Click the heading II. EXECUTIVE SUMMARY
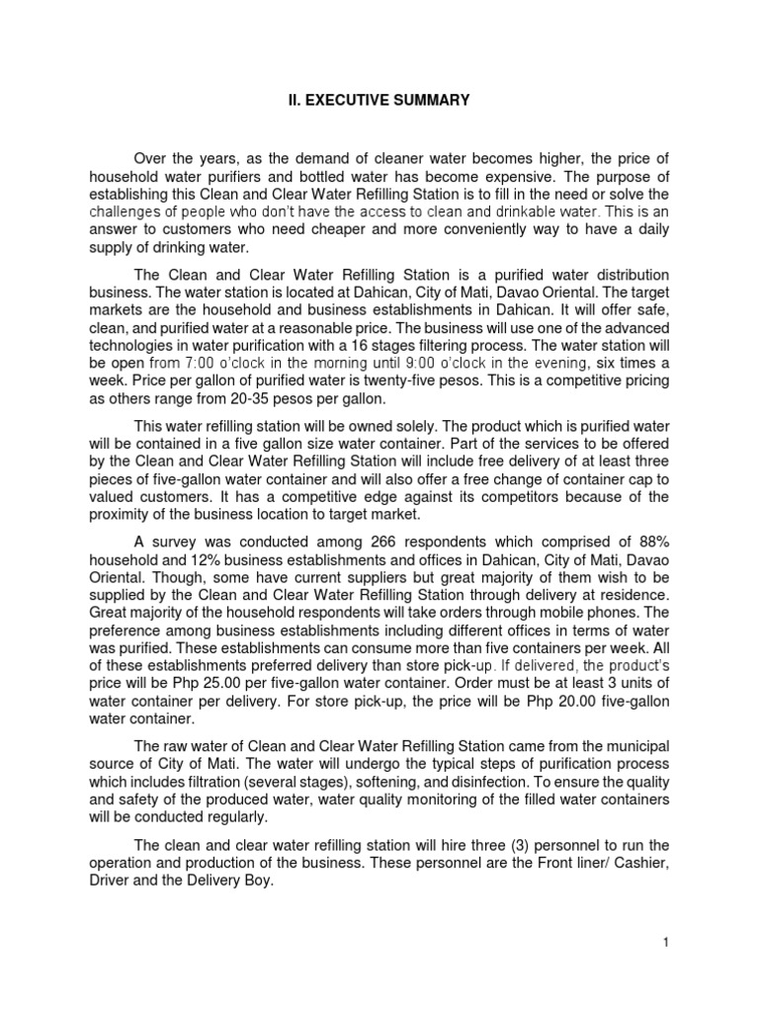point(380,100)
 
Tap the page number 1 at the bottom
point(667,942)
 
